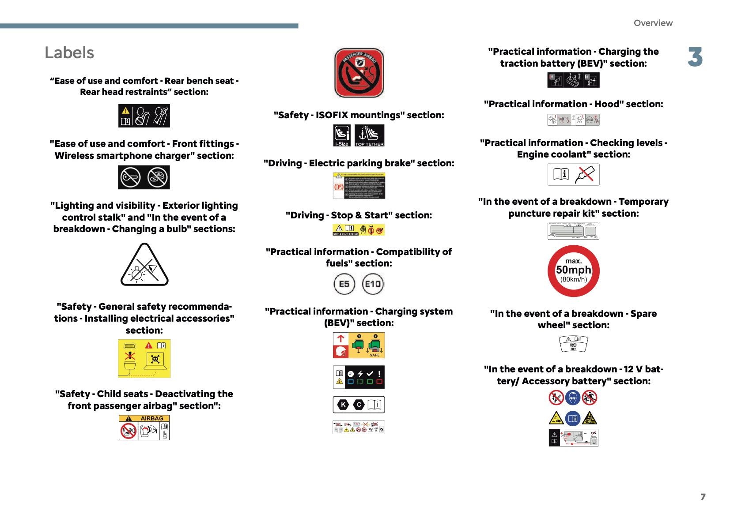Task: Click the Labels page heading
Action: click(69, 53)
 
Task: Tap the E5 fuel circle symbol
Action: click(344, 284)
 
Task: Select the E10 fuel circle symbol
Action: click(373, 284)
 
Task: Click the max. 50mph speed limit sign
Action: click(573, 271)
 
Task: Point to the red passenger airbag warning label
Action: click(359, 73)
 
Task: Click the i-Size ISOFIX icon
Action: click(342, 135)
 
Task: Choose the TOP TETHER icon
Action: click(369, 135)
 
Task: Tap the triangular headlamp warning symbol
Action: click(144, 266)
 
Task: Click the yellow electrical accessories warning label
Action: click(144, 358)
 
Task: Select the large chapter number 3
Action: click(695, 57)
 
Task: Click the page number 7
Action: click(703, 497)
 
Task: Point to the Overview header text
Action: click(653, 23)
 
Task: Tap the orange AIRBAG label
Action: click(144, 427)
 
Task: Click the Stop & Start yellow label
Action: click(359, 230)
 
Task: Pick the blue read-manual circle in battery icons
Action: click(573, 418)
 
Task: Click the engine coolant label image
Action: click(573, 174)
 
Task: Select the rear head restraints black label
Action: click(144, 116)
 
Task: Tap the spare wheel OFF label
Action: click(573, 344)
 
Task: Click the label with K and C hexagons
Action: click(359, 404)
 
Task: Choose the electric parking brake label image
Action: click(359, 186)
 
